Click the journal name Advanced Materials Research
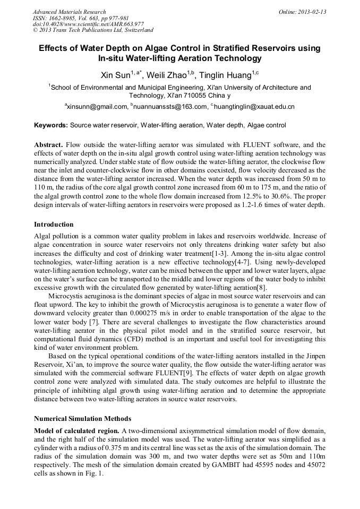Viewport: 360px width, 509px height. tap(69, 12)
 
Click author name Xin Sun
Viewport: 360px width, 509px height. tap(115, 75)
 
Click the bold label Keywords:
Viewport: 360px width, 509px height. tap(51, 125)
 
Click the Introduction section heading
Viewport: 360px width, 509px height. tap(54, 225)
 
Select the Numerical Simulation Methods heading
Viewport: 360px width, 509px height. tap(82, 419)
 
